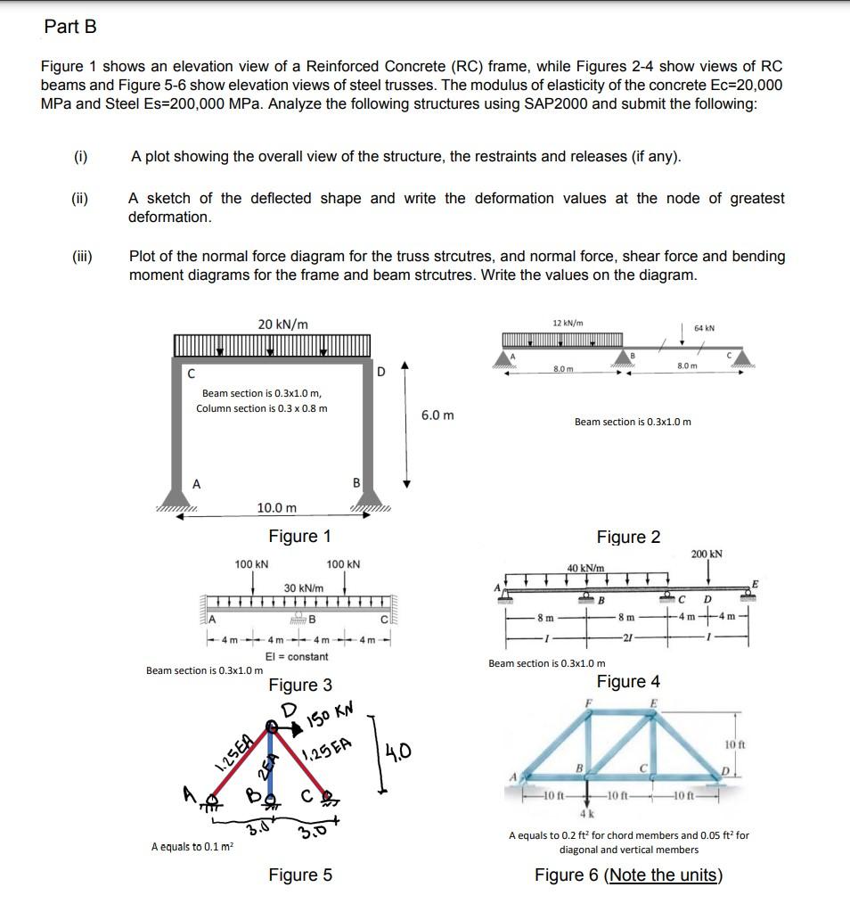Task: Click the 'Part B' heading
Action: [70, 27]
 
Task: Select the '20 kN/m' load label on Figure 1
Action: [283, 324]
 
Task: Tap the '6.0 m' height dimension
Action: [437, 415]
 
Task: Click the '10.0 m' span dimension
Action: [277, 507]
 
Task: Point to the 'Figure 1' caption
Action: [299, 536]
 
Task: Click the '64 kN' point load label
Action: [703, 328]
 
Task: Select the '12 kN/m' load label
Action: [568, 322]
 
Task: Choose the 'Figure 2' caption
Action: [628, 537]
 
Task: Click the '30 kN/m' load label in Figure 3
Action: [303, 588]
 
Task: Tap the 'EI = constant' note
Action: [297, 656]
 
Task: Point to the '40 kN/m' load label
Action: [586, 568]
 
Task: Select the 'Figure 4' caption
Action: [628, 682]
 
